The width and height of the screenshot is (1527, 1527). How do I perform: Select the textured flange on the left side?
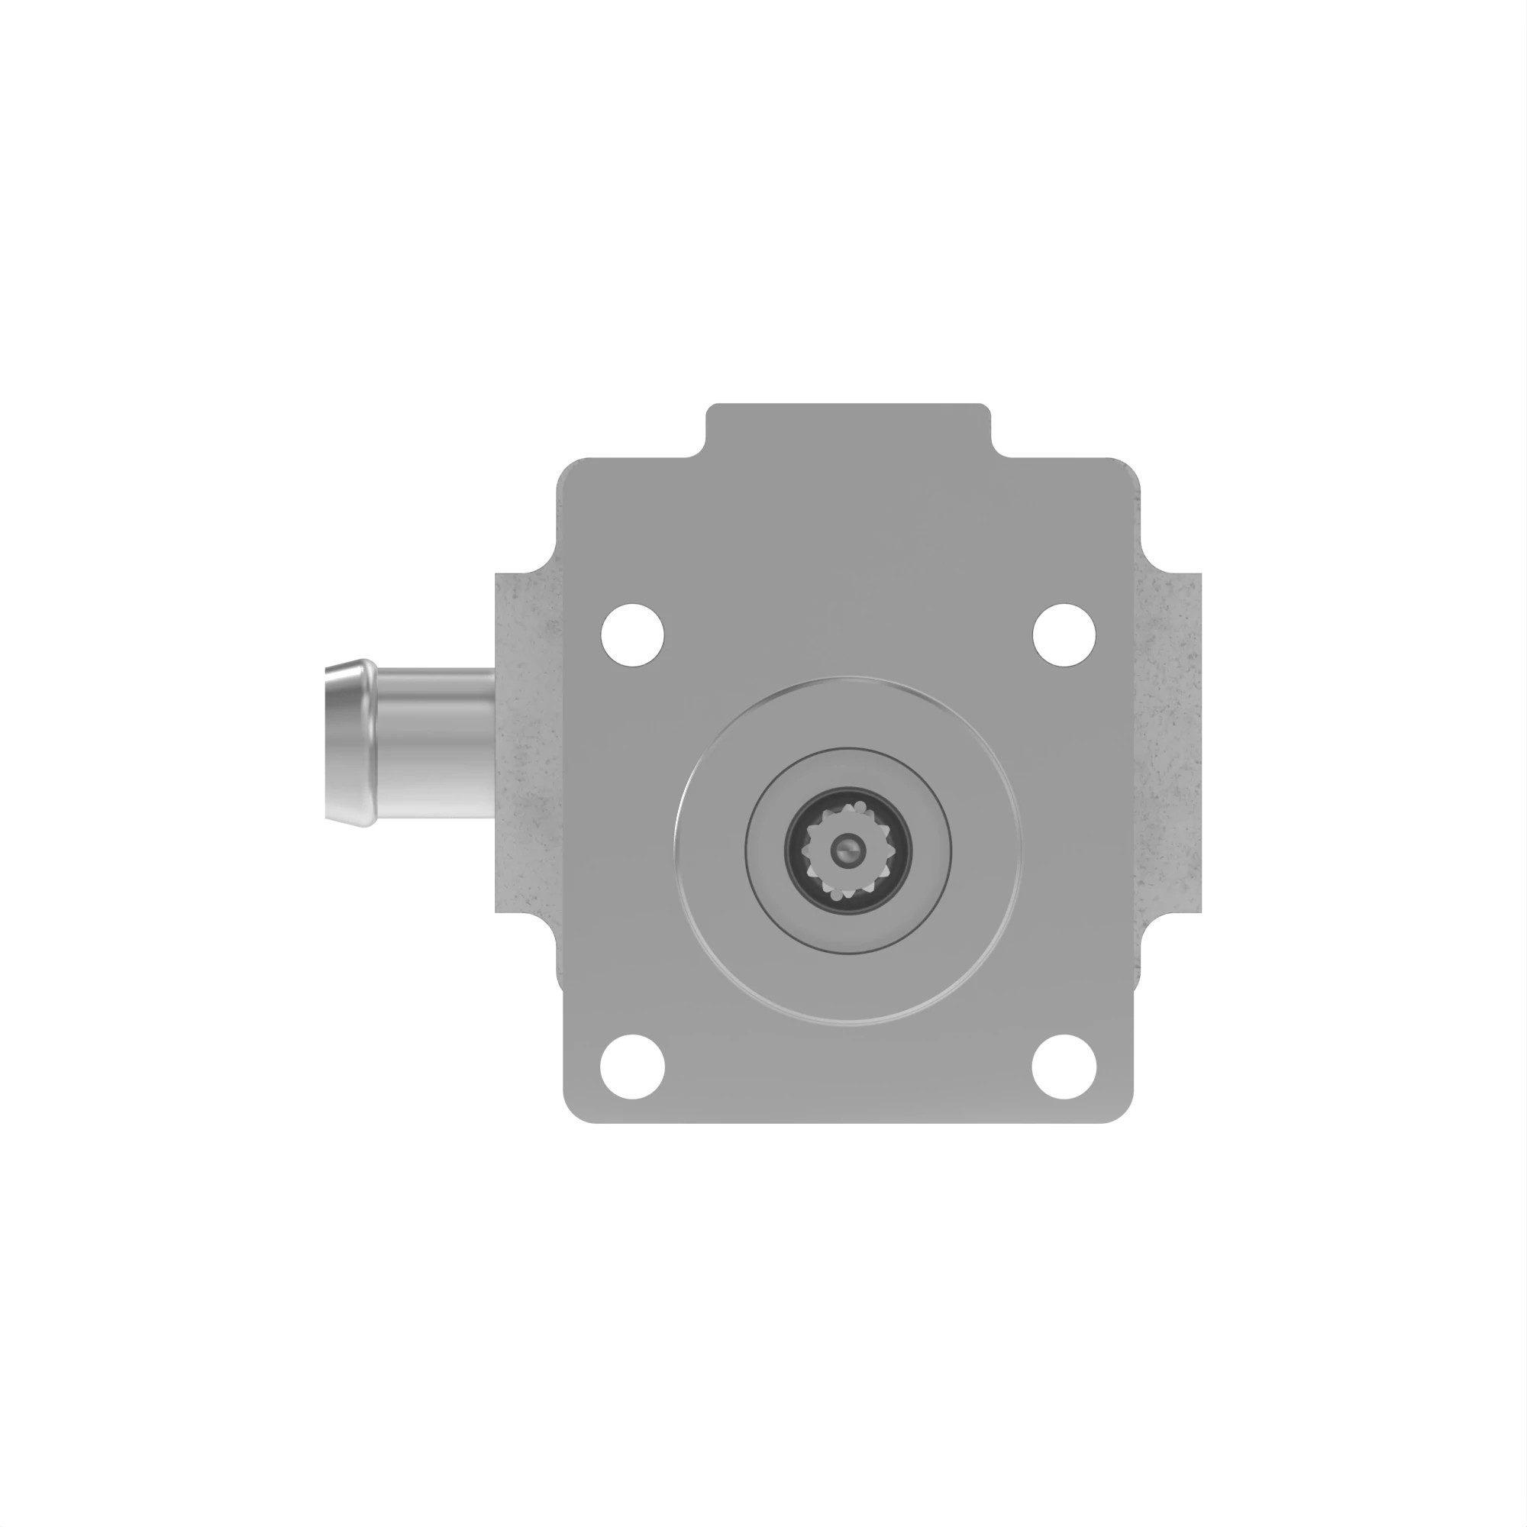525,743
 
